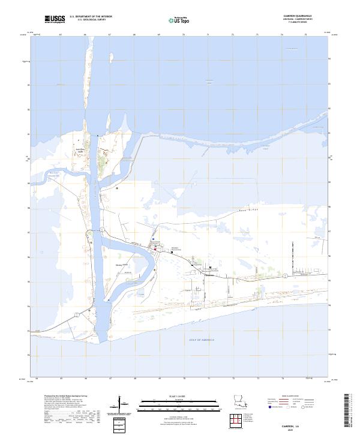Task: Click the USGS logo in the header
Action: point(55,19)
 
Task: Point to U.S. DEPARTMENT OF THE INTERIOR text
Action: point(91,17)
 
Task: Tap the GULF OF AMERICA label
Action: point(202,340)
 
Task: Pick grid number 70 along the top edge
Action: point(184,35)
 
